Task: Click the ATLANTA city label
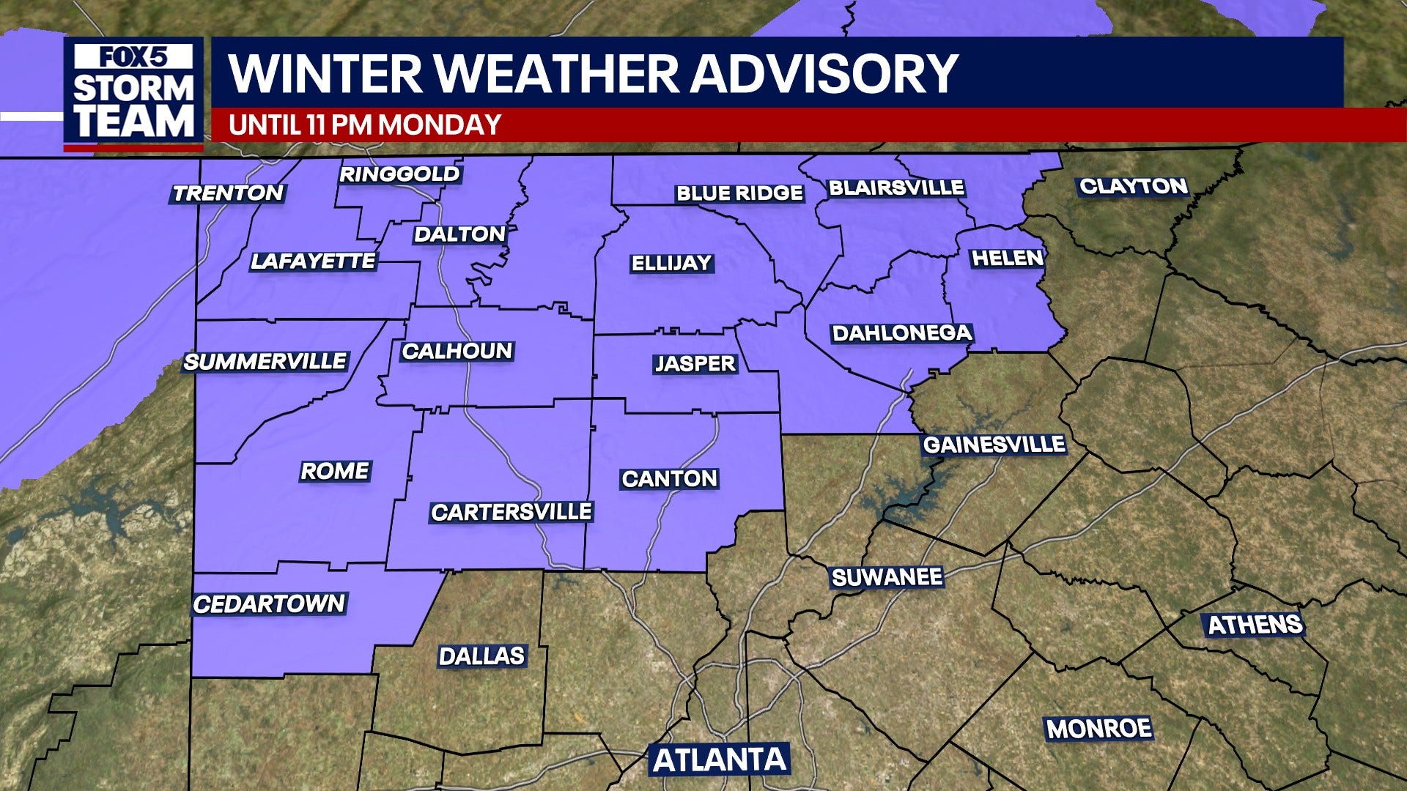(719, 760)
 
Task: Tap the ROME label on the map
(335, 471)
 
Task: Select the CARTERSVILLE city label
(511, 512)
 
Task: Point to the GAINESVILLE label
(994, 445)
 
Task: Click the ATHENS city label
(1255, 625)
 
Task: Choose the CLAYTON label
(1133, 186)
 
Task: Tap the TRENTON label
(228, 193)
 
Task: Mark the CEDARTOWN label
(268, 604)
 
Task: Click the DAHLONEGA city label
(901, 333)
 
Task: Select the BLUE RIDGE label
(739, 193)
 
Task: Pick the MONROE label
(1098, 729)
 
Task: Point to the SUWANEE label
(887, 577)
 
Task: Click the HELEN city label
(1006, 258)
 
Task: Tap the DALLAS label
(481, 656)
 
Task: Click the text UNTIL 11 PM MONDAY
(364, 125)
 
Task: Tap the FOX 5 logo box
(133, 56)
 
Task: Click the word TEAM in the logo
(134, 121)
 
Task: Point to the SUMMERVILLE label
(265, 362)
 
